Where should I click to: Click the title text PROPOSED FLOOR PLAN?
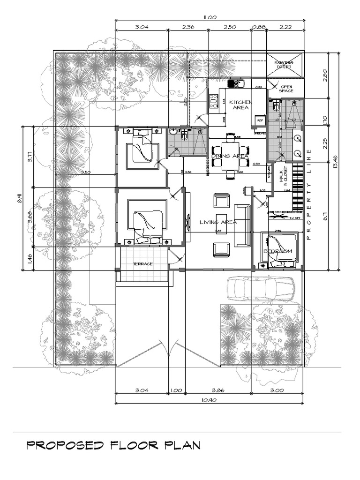click(113, 445)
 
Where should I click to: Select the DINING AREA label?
click(230, 156)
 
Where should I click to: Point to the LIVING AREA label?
click(218, 222)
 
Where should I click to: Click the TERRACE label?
click(142, 264)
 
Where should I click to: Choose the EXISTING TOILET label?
click(284, 65)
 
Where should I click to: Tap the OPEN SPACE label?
click(286, 89)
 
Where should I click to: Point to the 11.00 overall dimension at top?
click(210, 17)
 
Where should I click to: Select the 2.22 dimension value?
click(285, 27)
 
